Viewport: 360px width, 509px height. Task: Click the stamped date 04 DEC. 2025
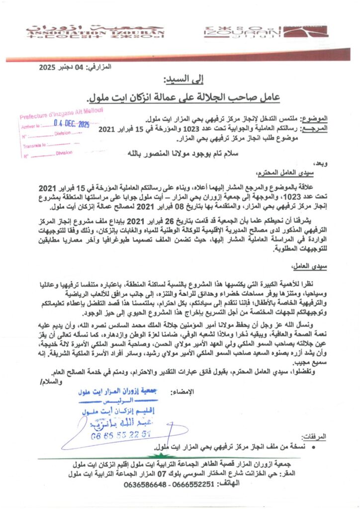pos(70,125)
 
